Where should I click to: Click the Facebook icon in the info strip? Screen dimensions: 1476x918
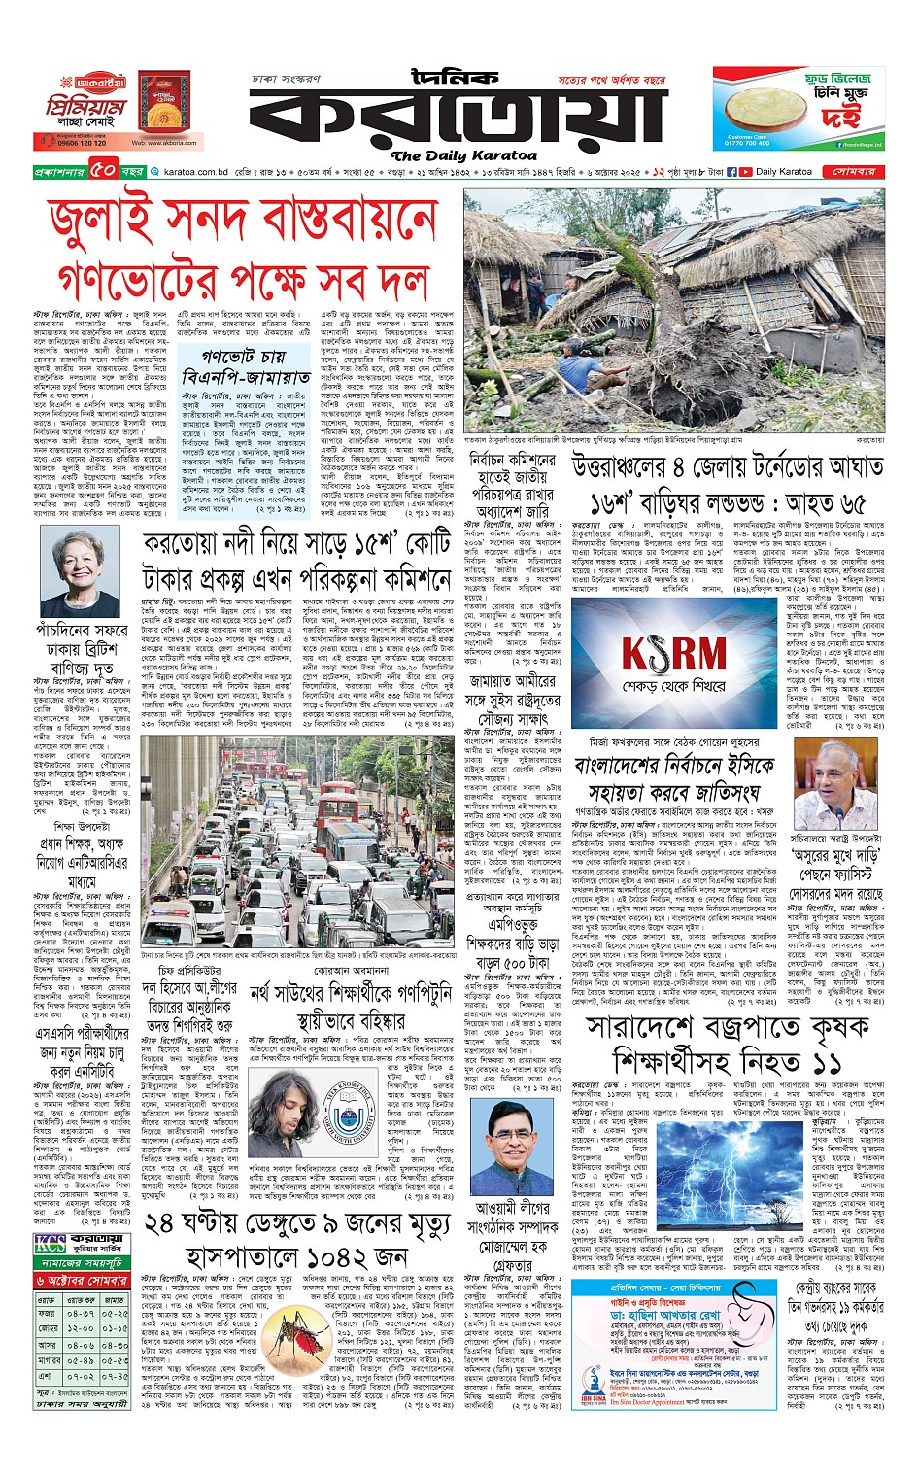point(731,171)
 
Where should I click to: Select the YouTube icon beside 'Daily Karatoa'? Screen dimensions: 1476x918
point(745,171)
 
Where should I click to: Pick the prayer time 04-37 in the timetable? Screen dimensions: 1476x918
point(81,1313)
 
